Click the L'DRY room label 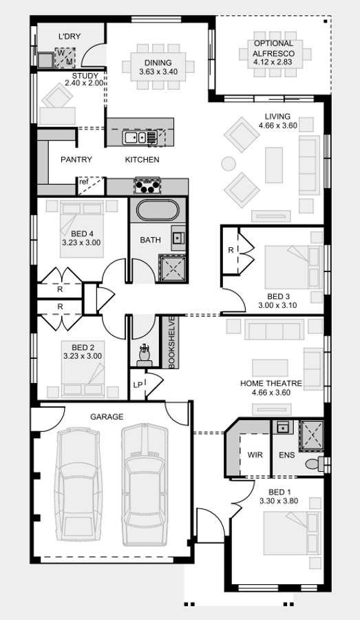tap(70, 36)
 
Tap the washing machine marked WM tap(64, 56)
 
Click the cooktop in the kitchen tap(147, 185)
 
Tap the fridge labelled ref tap(83, 183)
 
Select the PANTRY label tap(76, 160)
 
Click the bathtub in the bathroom tap(157, 211)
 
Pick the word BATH tap(151, 240)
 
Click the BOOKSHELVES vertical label tap(171, 342)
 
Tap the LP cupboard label tap(138, 384)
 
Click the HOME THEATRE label tap(271, 383)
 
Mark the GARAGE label tap(107, 417)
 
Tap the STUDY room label tap(85, 76)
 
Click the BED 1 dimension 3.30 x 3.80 tap(278, 502)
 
